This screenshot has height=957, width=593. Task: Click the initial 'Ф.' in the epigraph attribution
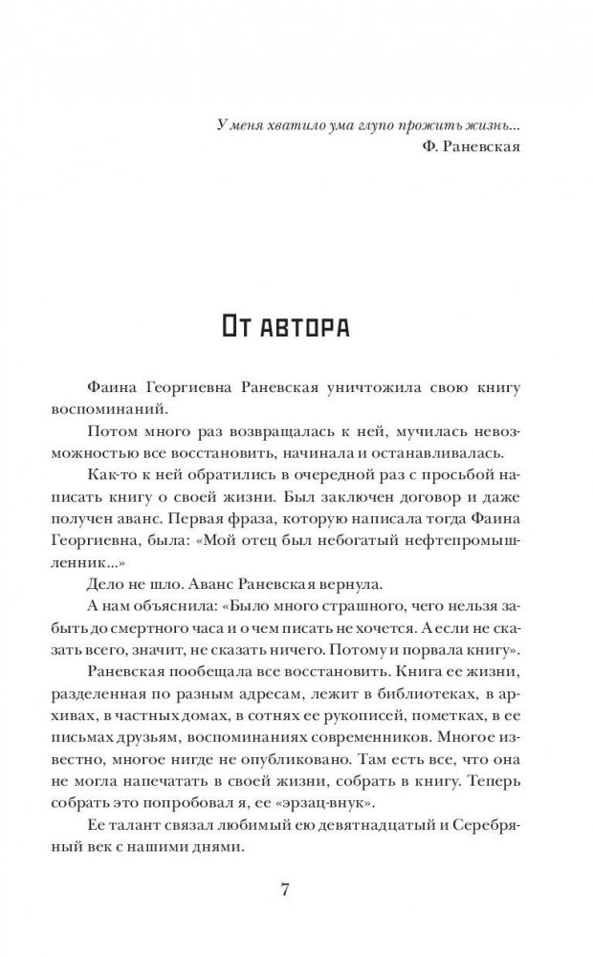coord(429,148)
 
